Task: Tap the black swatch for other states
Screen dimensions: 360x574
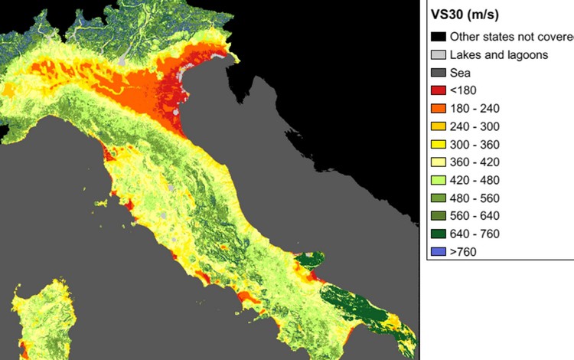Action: tap(438, 36)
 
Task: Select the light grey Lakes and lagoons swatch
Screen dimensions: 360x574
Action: tap(438, 54)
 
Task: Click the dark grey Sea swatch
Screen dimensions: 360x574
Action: tap(438, 72)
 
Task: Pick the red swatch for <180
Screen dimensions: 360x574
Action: tap(438, 90)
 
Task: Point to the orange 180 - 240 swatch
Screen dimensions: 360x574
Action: tap(438, 108)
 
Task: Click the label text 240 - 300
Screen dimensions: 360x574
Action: tap(478, 126)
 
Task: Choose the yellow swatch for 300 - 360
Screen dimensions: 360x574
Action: tap(438, 144)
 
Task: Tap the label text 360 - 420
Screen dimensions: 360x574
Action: tap(478, 162)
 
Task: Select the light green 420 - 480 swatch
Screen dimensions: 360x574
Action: tap(438, 180)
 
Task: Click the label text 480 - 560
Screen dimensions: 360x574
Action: tap(478, 198)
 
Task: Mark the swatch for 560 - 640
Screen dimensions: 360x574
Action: tap(438, 216)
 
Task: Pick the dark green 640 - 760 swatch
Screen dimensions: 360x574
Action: tap(438, 234)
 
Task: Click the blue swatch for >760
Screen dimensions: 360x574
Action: tap(438, 251)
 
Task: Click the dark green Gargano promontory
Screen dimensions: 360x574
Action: tap(310, 260)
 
